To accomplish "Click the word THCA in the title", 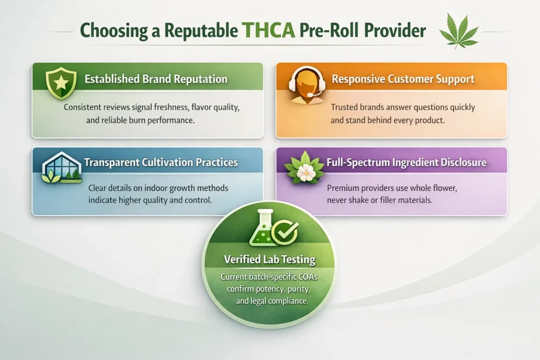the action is (x=268, y=30).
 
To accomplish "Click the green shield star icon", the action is (x=61, y=83).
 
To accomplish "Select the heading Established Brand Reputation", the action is (x=156, y=79).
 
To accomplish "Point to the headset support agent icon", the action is (x=306, y=85).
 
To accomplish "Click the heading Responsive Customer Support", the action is (x=403, y=79).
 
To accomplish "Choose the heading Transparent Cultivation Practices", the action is (x=161, y=162).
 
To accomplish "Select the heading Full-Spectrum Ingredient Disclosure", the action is (x=407, y=162).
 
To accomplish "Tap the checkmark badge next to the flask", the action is (x=285, y=232).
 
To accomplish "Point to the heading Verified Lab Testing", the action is (x=269, y=259).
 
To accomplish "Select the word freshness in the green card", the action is (x=171, y=107).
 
